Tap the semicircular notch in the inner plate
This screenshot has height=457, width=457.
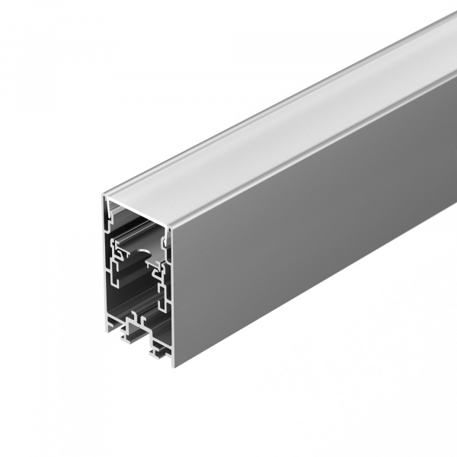[163, 241]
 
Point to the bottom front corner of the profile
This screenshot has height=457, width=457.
[174, 364]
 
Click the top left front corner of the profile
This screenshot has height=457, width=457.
[104, 197]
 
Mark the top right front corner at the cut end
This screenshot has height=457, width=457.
[171, 226]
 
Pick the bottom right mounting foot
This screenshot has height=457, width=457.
[161, 353]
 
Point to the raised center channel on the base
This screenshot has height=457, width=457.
[137, 324]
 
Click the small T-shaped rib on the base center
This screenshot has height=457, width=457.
[136, 313]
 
